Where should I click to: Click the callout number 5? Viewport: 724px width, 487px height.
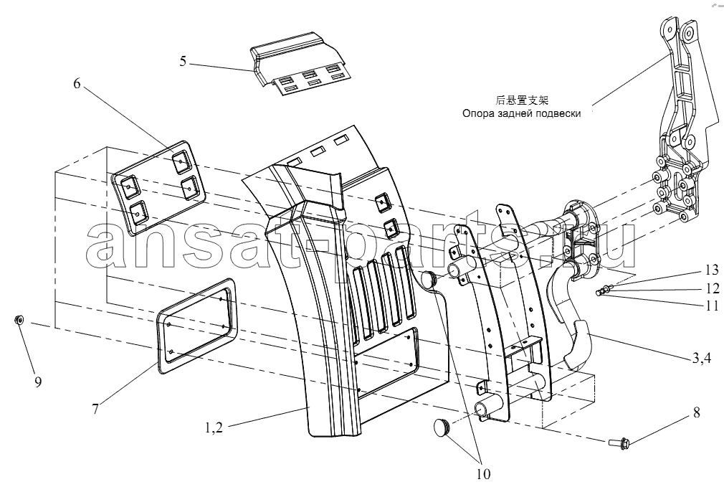coord(184,61)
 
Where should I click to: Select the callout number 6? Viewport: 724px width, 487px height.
coord(77,84)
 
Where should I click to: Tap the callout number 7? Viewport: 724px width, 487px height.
coord(95,409)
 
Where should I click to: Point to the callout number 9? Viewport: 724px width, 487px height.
coord(38,382)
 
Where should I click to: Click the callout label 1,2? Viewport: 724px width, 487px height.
coord(214,428)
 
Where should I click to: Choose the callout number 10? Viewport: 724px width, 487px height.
coord(483,473)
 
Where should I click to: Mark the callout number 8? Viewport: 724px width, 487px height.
coord(696,412)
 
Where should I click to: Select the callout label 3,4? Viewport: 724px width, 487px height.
coord(701,358)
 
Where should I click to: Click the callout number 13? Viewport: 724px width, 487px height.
coord(711,270)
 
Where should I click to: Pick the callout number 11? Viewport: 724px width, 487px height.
coord(711,306)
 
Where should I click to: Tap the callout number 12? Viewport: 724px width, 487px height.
coord(711,288)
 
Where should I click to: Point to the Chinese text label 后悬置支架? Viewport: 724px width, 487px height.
coord(522,100)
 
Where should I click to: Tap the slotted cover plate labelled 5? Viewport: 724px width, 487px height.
coord(297,64)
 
